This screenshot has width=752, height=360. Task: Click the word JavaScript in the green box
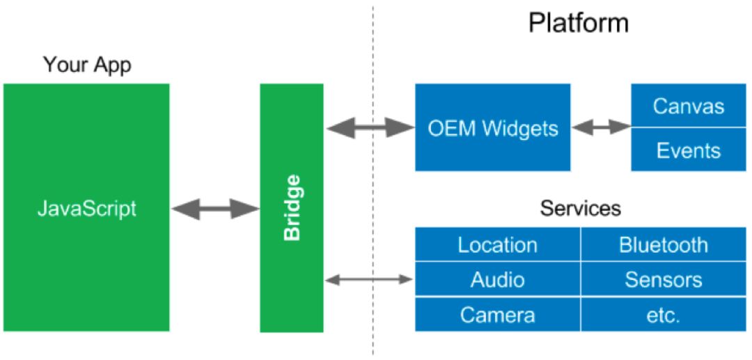[87, 208]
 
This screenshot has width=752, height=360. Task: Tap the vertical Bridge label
[293, 208]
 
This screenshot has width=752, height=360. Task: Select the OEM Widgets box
[493, 127]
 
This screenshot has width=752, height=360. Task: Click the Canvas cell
[688, 107]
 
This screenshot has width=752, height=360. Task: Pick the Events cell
[688, 150]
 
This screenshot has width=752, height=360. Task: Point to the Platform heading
[578, 23]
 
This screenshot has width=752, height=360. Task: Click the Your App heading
[87, 65]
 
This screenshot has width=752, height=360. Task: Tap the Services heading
[581, 208]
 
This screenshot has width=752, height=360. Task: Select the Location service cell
[497, 244]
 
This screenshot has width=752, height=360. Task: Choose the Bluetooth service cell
[663, 244]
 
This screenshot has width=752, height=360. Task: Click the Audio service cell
[497, 279]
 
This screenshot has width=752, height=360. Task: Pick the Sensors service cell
[663, 279]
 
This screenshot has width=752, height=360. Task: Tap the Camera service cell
[497, 315]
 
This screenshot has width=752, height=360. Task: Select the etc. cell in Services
[663, 315]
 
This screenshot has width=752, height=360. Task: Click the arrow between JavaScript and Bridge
[214, 208]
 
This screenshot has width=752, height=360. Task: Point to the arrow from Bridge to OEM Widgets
[370, 127]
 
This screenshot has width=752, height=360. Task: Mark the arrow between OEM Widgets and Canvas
[601, 127]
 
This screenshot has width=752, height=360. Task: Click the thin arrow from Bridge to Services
[370, 279]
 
